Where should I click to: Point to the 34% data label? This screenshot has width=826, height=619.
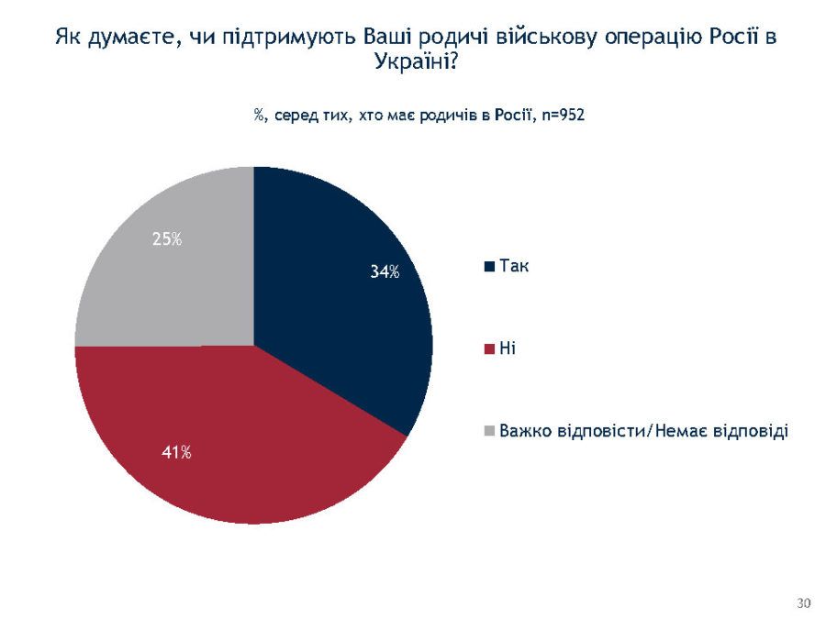coord(385,271)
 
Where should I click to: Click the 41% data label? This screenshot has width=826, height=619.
coord(177,452)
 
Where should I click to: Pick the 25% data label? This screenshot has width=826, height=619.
coord(167,240)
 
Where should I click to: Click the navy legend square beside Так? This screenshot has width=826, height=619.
coord(491,267)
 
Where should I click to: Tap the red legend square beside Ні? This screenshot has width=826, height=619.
coord(491,348)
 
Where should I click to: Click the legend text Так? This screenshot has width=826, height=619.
coord(515,266)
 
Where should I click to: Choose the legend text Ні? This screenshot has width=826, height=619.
coord(508,348)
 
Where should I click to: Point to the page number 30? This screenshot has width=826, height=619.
coord(804,602)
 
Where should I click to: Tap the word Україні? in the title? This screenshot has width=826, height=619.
coord(416,61)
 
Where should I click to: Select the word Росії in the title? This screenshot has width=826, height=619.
coord(728,39)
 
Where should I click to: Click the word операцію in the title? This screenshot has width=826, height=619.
coord(631,39)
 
